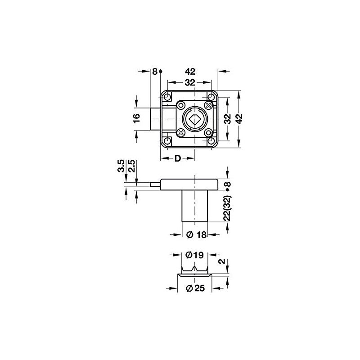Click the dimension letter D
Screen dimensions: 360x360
pos(178,158)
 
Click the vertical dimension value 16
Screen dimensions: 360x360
pos(137,118)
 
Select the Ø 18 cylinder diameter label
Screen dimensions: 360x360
pos(196,234)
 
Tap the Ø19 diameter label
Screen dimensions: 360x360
pos(194,255)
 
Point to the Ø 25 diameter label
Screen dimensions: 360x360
pos(195,288)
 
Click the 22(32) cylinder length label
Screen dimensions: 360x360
pos(227,209)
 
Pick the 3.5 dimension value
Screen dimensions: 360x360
pos(121,166)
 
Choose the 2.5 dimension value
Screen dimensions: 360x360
pos(132,166)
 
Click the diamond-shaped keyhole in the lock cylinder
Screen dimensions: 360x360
pos(195,119)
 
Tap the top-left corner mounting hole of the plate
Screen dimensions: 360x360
pos(168,97)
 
